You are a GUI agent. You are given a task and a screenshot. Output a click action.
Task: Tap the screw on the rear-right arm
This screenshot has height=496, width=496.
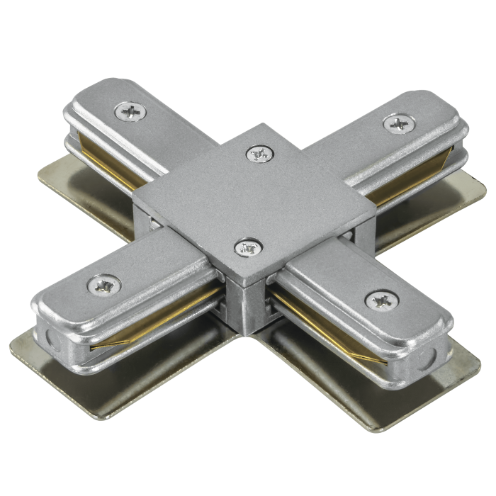pos(398,124)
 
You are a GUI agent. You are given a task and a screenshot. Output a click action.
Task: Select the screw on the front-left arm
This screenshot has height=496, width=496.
pos(103,286)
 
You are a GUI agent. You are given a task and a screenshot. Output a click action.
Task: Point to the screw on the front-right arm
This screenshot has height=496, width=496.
pos(381,301)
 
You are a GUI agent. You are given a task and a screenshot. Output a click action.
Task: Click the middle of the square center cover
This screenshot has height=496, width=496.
pos(254,198)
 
